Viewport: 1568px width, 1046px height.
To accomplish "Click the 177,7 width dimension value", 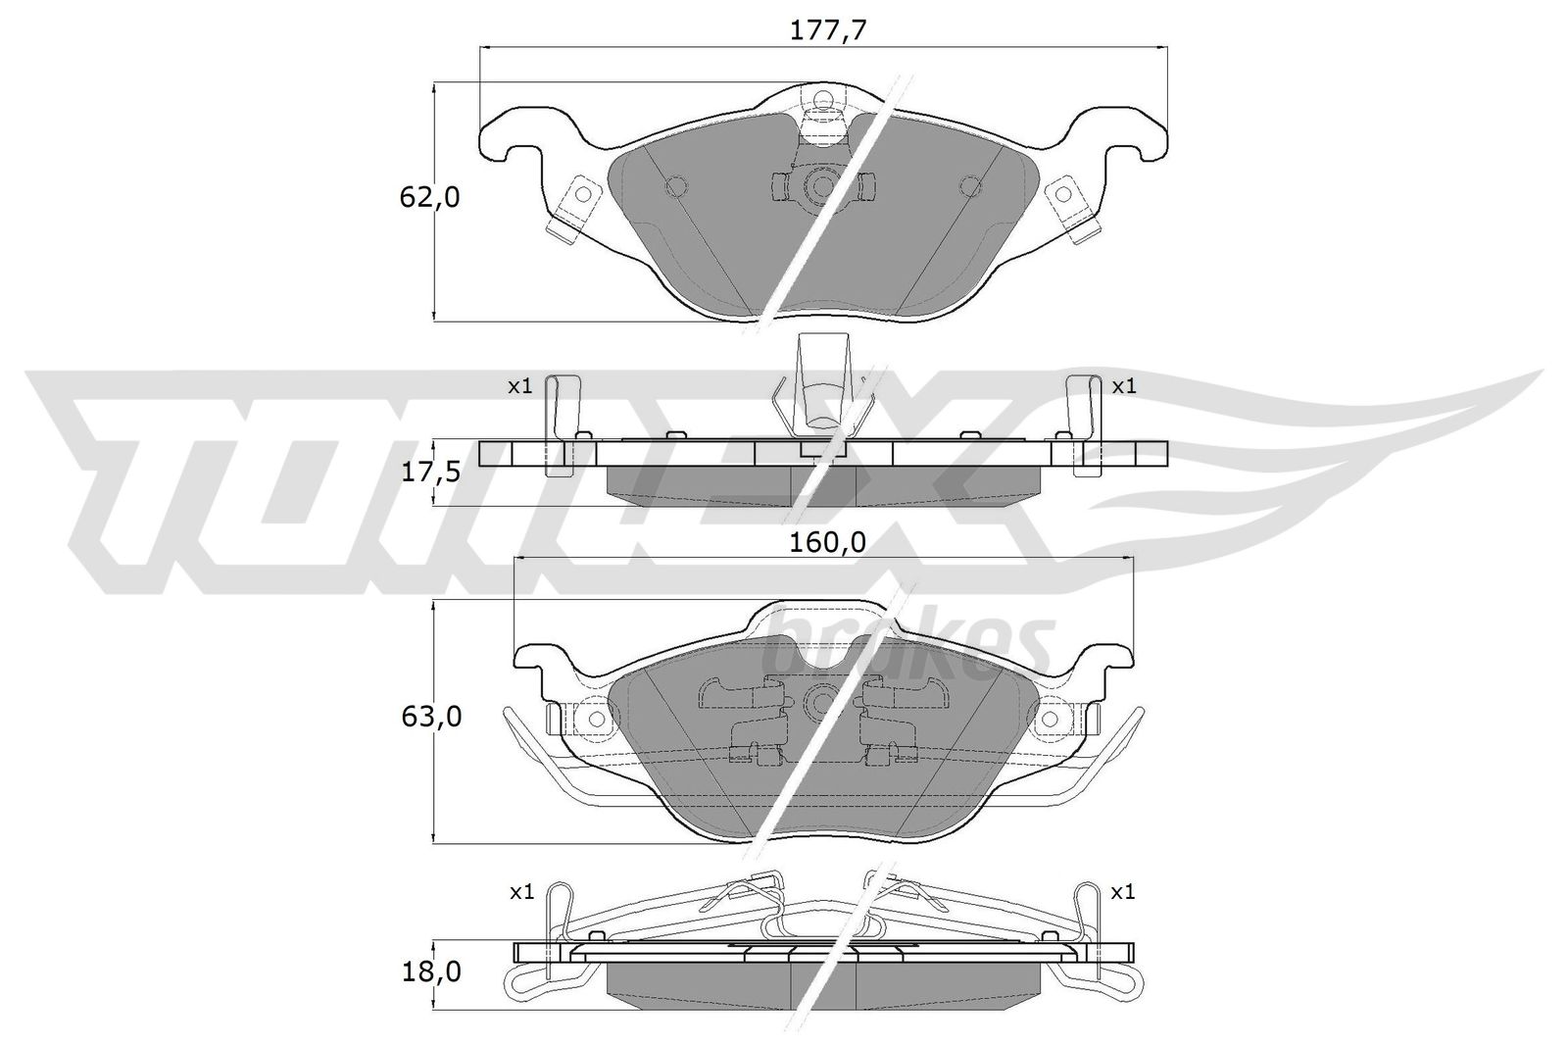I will (828, 30).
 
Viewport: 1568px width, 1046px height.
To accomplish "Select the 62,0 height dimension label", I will (428, 197).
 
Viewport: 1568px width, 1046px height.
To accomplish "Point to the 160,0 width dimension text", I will (829, 542).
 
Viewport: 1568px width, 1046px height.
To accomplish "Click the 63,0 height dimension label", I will (428, 717).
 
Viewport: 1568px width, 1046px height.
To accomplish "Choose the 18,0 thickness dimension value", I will (428, 971).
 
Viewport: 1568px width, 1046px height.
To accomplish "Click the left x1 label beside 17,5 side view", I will (519, 386).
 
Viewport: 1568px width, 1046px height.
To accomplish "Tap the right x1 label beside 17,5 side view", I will (1124, 386).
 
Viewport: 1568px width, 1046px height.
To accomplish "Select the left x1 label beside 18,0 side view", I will (520, 892).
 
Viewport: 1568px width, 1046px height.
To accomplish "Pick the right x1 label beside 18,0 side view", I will (1124, 892).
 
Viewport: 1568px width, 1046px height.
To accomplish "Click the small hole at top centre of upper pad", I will (822, 99).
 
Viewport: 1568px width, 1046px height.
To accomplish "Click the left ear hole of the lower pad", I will (594, 719).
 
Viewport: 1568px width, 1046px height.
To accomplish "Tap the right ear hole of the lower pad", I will (1050, 719).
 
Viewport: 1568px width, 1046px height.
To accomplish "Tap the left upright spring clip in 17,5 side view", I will (560, 422).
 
